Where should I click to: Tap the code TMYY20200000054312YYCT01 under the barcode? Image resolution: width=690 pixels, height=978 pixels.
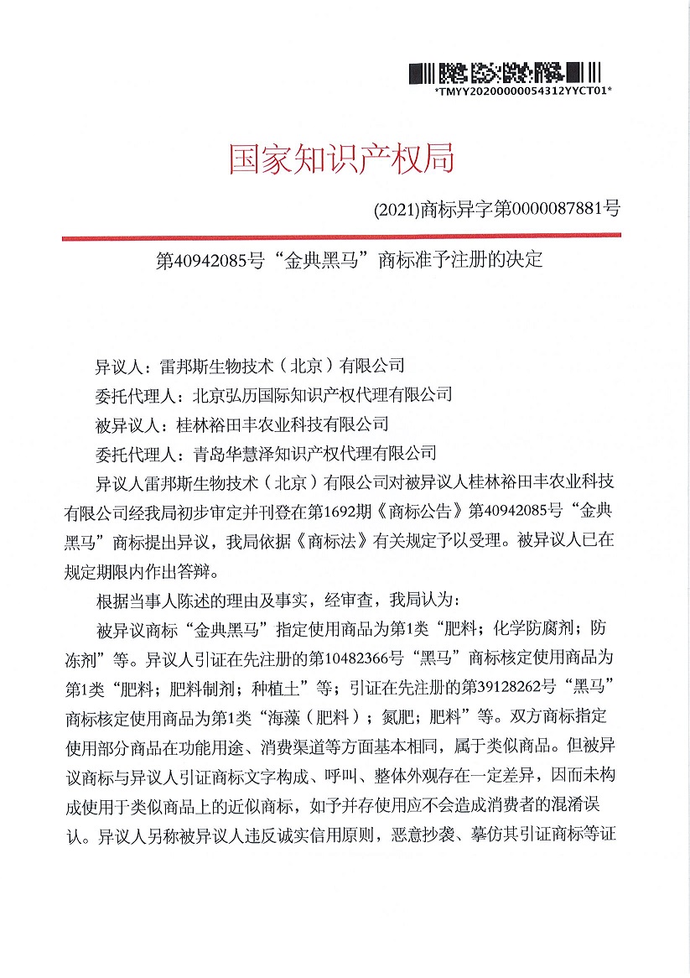523,89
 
